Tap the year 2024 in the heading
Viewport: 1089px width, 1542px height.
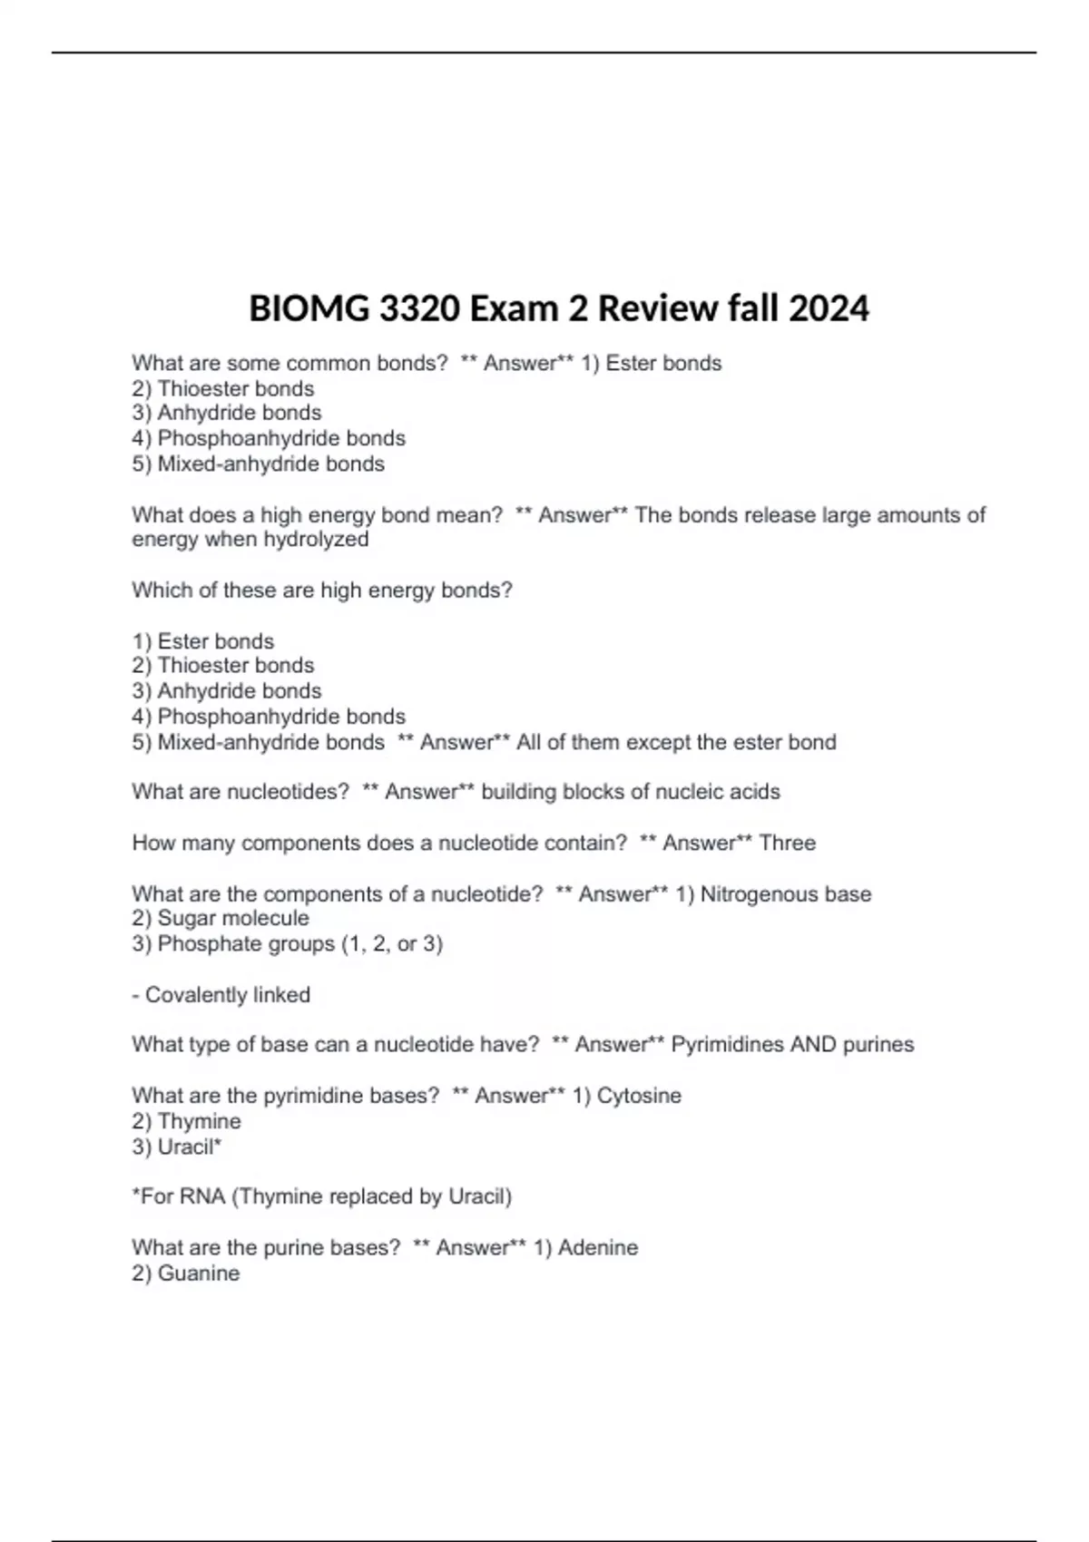pyautogui.click(x=829, y=309)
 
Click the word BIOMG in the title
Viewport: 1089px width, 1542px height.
pyautogui.click(x=308, y=309)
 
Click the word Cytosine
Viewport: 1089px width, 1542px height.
pyautogui.click(x=639, y=1096)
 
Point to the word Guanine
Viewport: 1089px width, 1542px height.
pyautogui.click(x=199, y=1274)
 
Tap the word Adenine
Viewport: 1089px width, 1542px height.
pyautogui.click(x=598, y=1248)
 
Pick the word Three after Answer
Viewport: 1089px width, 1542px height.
pyautogui.click(x=787, y=844)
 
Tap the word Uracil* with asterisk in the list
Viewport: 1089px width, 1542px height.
pyautogui.click(x=190, y=1147)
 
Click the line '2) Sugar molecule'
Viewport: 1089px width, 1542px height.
pyautogui.click(x=221, y=918)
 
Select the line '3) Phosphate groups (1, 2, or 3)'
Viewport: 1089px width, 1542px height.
pyautogui.click(x=287, y=944)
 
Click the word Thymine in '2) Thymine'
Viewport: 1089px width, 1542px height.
pyautogui.click(x=200, y=1121)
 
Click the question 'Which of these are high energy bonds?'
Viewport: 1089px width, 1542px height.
pyautogui.click(x=322, y=590)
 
